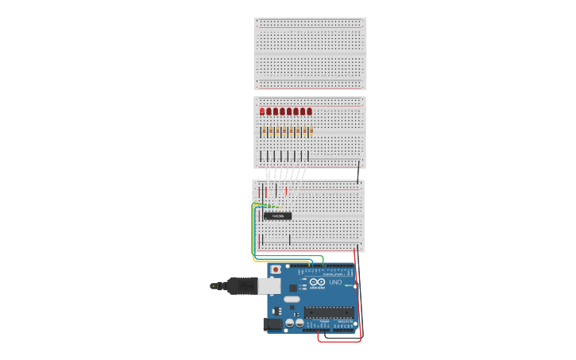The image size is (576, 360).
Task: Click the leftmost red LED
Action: pos(262,112)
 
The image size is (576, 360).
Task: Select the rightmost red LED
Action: pos(310,112)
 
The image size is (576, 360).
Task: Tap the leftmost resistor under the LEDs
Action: pos(262,131)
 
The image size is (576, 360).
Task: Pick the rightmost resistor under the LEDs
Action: pos(310,131)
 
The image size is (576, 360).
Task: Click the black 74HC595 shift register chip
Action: pos(277,215)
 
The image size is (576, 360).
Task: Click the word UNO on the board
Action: pos(335,282)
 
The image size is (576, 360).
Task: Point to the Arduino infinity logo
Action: pos(317,282)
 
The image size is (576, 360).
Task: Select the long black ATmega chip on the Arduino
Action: pos(328,312)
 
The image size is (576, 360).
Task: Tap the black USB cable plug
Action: pos(238,286)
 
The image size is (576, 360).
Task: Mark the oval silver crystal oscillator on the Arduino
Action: pos(291,300)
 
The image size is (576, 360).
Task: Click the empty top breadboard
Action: pos(310,53)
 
